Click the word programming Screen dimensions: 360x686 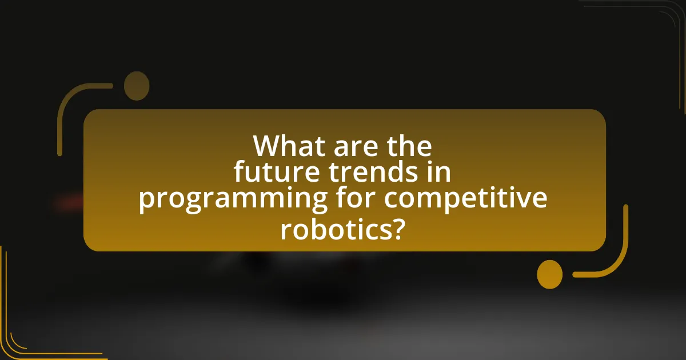pos(233,199)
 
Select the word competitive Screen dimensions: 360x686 pos(466,199)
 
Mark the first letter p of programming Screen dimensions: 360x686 pos(147,201)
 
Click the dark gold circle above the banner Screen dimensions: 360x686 pos(137,86)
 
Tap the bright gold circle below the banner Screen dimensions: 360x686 pos(550,274)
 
